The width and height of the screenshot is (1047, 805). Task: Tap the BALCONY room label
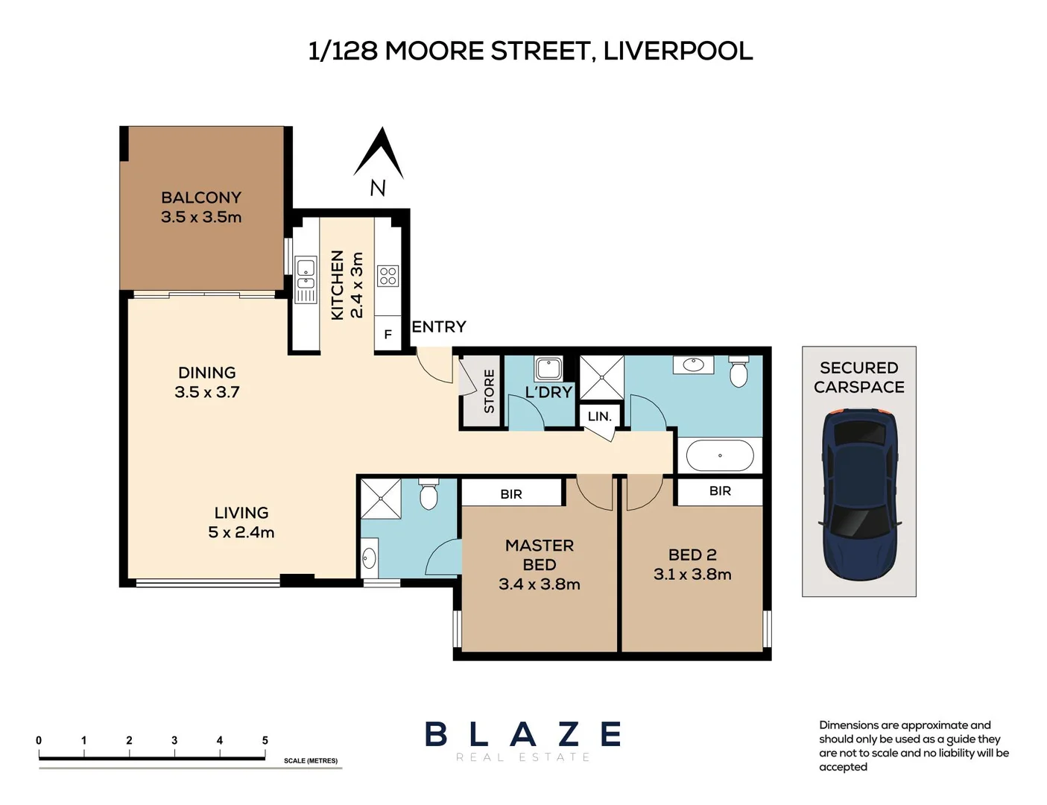201,198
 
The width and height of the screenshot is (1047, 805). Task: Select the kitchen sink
306,280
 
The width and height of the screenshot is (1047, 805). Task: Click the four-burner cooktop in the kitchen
388,277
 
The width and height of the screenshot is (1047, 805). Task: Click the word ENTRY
439,327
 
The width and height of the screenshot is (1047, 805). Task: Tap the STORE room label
489,391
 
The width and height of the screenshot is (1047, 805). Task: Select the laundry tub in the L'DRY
548,369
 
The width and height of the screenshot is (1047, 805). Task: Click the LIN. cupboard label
599,416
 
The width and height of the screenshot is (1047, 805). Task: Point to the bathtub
720,455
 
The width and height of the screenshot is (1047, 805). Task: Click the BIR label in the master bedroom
511,493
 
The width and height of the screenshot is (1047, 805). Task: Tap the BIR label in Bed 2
721,491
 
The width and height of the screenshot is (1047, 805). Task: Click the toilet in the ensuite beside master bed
428,494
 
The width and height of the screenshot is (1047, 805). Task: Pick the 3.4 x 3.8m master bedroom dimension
540,584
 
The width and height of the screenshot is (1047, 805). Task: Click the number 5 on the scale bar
265,740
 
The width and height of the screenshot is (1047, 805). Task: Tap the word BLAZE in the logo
523,734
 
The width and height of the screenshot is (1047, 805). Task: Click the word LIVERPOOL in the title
678,51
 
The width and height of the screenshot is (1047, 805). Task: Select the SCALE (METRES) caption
311,761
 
